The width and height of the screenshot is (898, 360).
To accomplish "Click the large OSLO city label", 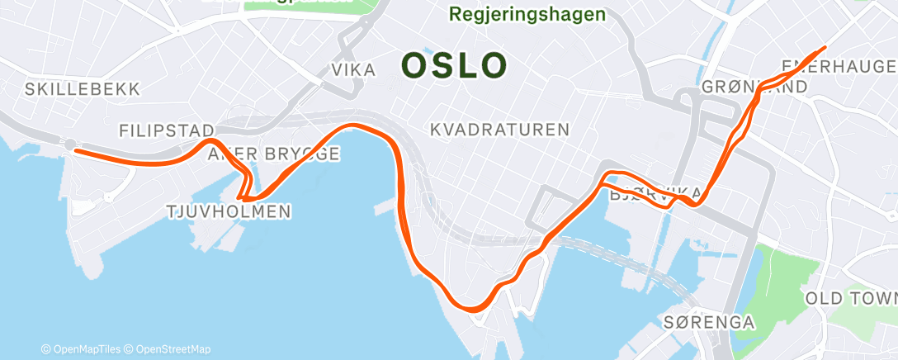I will pyautogui.click(x=454, y=66).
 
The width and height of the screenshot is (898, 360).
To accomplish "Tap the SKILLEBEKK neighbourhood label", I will pyautogui.click(x=83, y=88).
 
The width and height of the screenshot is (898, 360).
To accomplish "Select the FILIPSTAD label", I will pyautogui.click(x=167, y=130).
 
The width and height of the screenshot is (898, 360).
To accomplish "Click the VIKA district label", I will pyautogui.click(x=353, y=70).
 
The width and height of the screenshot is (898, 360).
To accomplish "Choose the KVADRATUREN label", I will pyautogui.click(x=500, y=130).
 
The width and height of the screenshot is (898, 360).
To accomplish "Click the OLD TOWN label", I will pyautogui.click(x=850, y=297).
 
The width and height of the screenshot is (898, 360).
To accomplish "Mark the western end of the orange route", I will pyautogui.click(x=76, y=150).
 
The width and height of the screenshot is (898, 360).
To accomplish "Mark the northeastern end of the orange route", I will pyautogui.click(x=824, y=48).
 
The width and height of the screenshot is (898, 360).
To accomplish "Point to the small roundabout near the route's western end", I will pyautogui.click(x=70, y=144).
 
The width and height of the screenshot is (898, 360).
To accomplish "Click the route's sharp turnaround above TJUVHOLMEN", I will pyautogui.click(x=241, y=198).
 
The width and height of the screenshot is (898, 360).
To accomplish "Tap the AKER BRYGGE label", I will pyautogui.click(x=274, y=154).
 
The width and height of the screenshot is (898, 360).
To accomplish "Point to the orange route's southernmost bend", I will pyautogui.click(x=473, y=309).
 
